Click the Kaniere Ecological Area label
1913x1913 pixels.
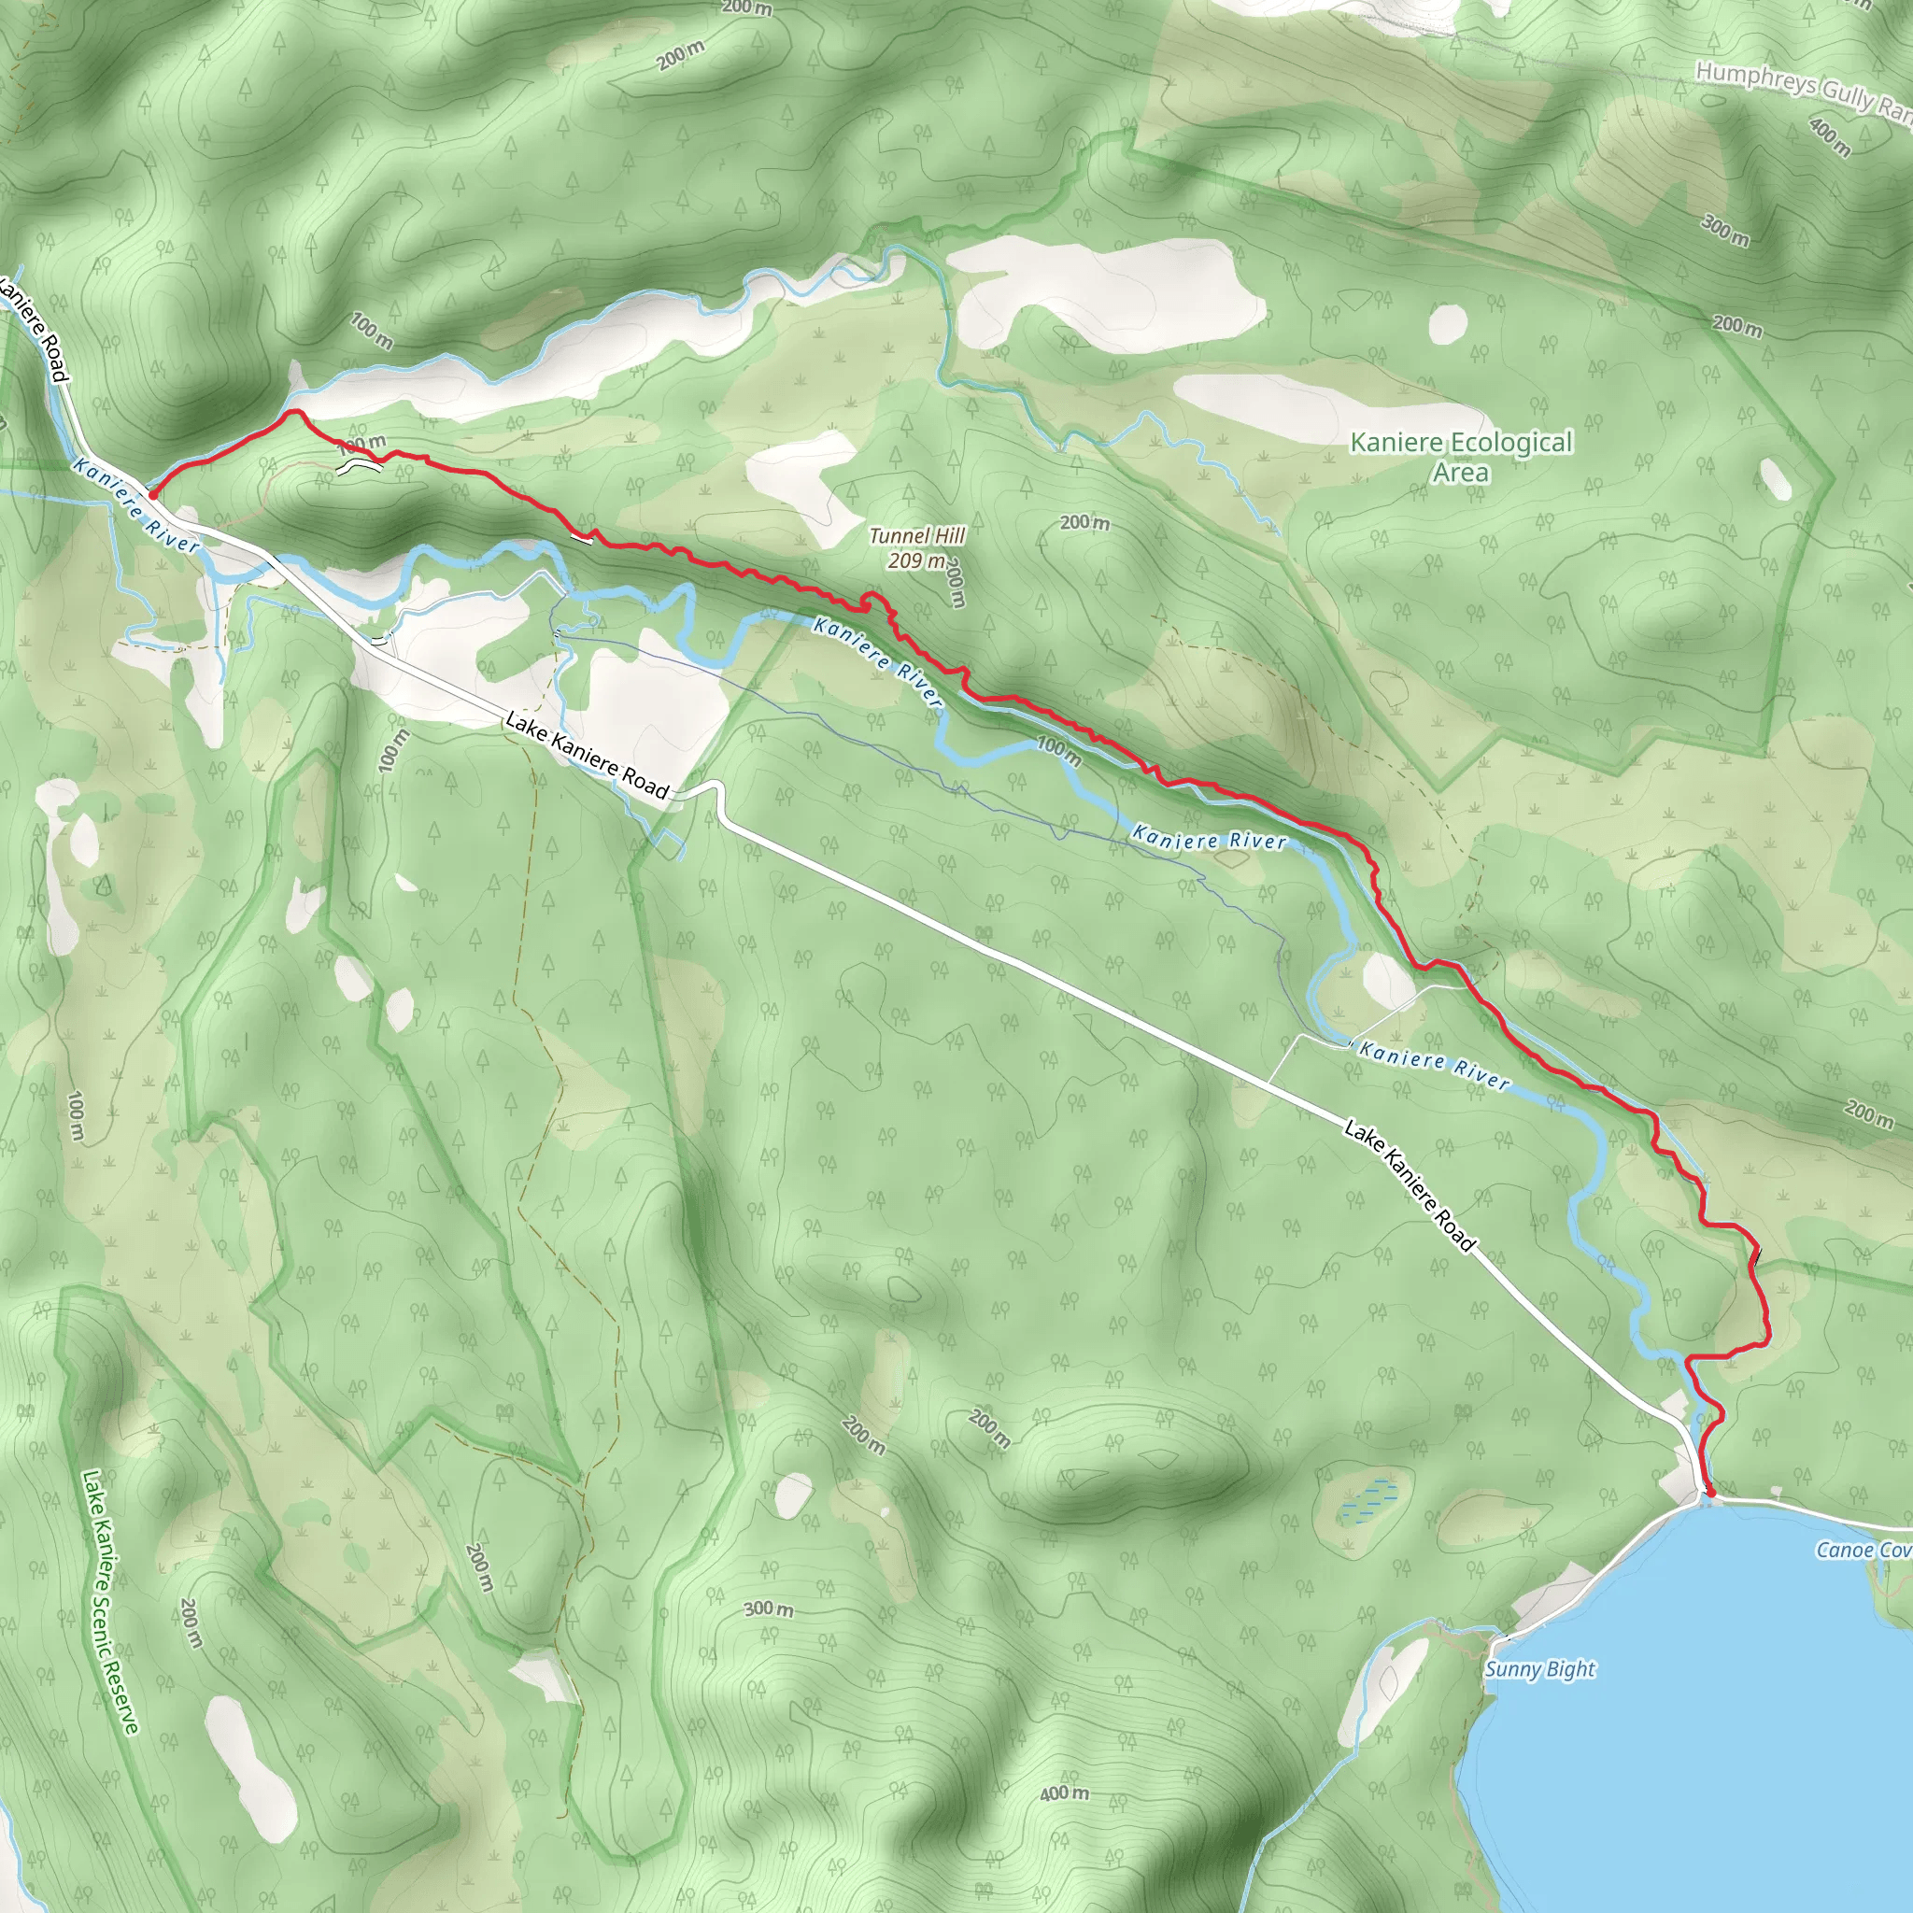click(1461, 457)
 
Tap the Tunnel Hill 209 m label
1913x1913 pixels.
click(917, 547)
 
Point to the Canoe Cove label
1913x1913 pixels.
click(1863, 1550)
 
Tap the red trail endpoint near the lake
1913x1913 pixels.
click(1711, 1491)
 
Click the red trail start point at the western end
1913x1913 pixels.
click(151, 494)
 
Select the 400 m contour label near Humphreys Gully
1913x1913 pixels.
click(1829, 137)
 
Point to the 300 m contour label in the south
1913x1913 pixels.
click(769, 1609)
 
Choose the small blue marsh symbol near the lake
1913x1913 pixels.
click(1369, 1500)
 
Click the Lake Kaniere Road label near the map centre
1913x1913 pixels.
click(588, 755)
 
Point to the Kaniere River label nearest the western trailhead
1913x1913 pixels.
click(135, 504)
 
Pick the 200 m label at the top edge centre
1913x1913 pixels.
click(746, 7)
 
